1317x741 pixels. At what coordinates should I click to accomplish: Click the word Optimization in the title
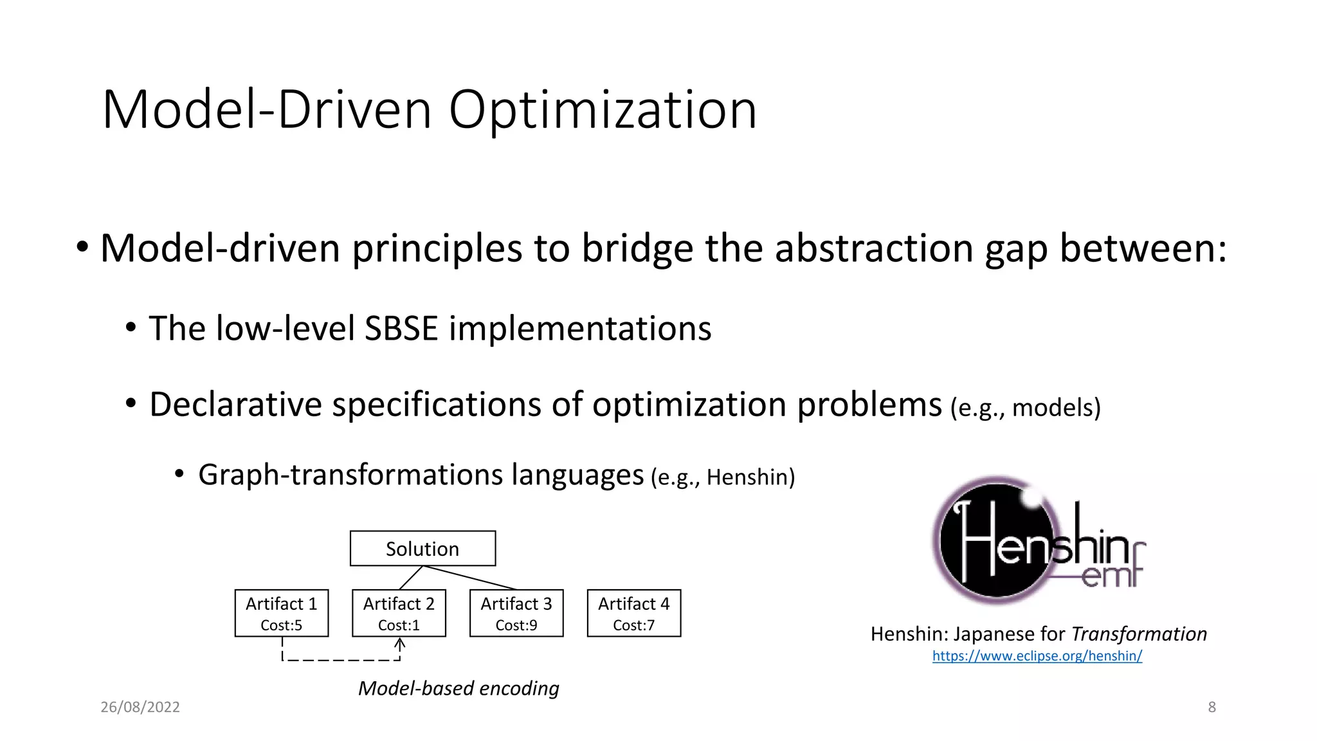[603, 110]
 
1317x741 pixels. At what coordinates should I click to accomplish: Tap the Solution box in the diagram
[422, 549]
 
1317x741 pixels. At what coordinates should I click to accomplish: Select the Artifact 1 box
[282, 613]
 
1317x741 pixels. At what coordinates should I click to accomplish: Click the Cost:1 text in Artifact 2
[399, 625]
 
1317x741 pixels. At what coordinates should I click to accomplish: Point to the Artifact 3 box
[516, 613]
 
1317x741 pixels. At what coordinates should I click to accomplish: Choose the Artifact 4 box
[633, 613]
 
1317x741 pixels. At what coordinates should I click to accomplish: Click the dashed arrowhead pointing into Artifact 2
[399, 643]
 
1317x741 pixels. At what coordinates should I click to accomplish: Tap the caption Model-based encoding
[458, 688]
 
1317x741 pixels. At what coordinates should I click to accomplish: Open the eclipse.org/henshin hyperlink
[1037, 656]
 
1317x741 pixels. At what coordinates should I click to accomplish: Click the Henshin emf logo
[1036, 541]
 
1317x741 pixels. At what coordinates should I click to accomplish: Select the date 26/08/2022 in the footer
[140, 707]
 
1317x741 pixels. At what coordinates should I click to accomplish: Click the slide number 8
[1212, 707]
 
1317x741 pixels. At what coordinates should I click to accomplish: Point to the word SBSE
[401, 329]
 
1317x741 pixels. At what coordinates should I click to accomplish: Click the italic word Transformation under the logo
[1139, 634]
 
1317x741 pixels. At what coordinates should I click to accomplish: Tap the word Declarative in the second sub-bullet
[235, 405]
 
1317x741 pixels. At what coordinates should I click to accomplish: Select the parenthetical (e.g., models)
[1025, 408]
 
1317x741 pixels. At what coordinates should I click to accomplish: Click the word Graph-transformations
[350, 475]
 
